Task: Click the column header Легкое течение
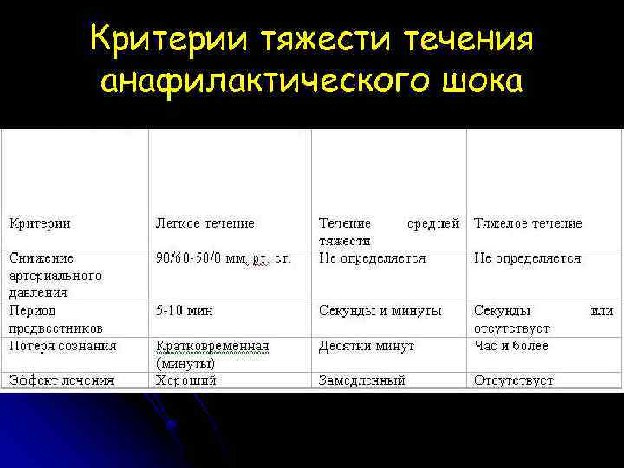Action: pos(205,224)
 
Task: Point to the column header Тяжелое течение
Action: pos(528,224)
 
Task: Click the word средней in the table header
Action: pos(432,224)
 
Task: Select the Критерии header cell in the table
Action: pos(40,224)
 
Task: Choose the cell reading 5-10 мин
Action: pos(185,310)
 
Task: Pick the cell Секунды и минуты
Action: pos(380,310)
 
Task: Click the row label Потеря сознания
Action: pos(62,346)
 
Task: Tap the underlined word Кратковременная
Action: pos(212,346)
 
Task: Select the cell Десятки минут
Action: pos(366,346)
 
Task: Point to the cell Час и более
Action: pos(510,346)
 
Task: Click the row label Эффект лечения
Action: pos(61,380)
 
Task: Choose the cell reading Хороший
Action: pos(185,380)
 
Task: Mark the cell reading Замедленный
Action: pos(361,380)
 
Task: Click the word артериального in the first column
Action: pos(55,276)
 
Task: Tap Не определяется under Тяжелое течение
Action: pos(527,258)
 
